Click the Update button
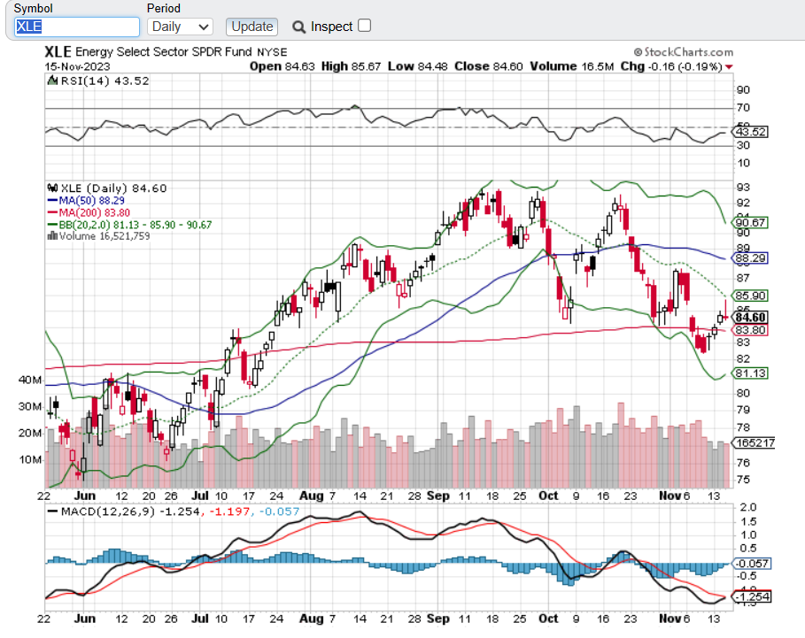[x=252, y=27]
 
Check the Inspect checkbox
[x=364, y=26]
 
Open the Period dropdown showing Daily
[x=180, y=27]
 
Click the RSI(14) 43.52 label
[x=97, y=81]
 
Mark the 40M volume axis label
[x=30, y=380]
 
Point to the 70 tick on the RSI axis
[x=745, y=108]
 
